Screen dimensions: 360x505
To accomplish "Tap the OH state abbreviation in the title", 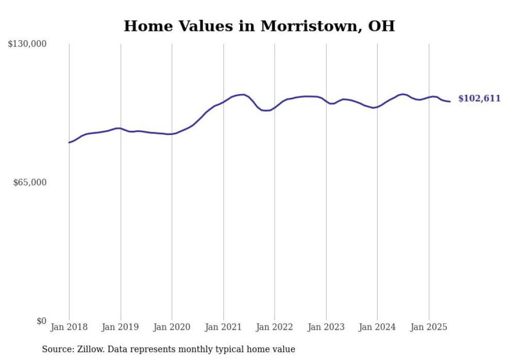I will point(381,26).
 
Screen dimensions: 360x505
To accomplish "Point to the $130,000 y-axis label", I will point(27,44).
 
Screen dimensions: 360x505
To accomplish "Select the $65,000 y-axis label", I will point(29,182).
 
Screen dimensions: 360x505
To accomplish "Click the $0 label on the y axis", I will point(41,321).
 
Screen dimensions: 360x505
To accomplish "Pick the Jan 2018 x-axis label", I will point(69,327).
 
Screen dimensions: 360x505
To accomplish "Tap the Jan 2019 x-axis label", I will point(121,327).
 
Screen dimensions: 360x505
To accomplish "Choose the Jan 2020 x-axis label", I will point(172,327).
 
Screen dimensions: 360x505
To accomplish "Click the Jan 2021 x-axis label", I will point(223,327).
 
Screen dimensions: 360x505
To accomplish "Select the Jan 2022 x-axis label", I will point(275,327).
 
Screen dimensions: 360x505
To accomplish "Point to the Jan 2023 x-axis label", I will point(326,327).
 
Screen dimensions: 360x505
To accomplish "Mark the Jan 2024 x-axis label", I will point(377,327).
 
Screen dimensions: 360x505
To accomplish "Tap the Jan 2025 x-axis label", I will point(429,327).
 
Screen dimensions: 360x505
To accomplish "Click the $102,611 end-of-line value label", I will point(479,98).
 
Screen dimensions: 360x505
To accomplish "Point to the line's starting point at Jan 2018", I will point(69,142).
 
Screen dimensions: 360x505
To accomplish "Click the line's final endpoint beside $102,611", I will point(450,101).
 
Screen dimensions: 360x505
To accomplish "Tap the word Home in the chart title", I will point(145,26).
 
